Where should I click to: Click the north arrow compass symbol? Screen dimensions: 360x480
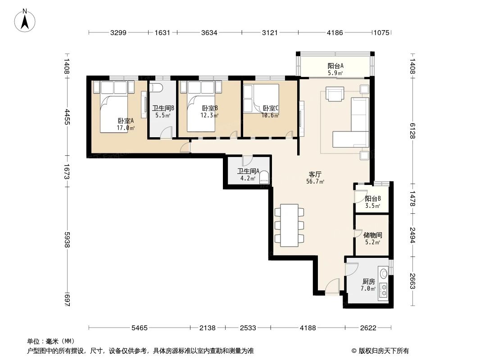(26, 20)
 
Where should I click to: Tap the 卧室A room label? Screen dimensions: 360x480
(126, 121)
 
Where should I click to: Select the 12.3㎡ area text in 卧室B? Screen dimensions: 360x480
(209, 115)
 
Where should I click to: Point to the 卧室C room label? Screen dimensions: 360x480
(271, 108)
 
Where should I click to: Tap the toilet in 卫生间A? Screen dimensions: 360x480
(264, 177)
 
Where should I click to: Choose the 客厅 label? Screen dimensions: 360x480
(315, 174)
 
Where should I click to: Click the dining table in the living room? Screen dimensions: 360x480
(289, 225)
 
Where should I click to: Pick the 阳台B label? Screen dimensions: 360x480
(373, 198)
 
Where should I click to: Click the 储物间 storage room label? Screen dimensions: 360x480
(373, 235)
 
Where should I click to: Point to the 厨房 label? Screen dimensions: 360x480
(368, 281)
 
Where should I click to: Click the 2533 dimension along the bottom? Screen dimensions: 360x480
(247, 328)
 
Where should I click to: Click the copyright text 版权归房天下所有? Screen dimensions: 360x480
(383, 351)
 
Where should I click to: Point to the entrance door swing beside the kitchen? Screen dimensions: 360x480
(332, 285)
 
